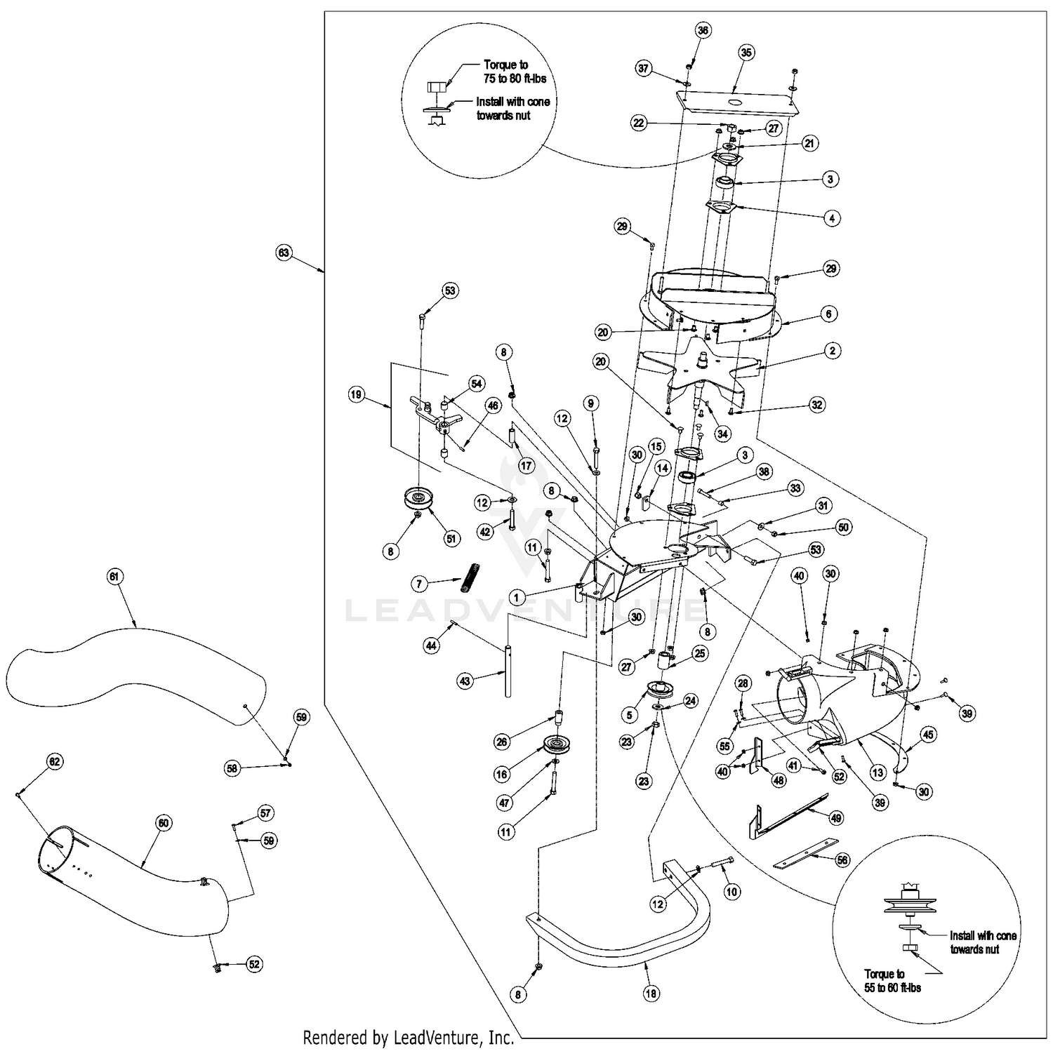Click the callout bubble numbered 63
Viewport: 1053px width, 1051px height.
pyautogui.click(x=284, y=253)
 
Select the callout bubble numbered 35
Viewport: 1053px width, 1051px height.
pyautogui.click(x=746, y=52)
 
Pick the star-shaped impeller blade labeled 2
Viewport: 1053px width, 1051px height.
pyautogui.click(x=702, y=365)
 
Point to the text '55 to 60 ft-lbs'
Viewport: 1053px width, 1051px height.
pyautogui.click(x=892, y=987)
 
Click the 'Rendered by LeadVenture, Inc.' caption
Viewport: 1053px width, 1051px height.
pyautogui.click(x=408, y=1038)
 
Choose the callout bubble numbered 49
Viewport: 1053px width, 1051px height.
pyautogui.click(x=836, y=817)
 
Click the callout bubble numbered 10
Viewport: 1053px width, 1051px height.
pyautogui.click(x=732, y=892)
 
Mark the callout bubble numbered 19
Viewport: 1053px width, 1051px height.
pyautogui.click(x=356, y=395)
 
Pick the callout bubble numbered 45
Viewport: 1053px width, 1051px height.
pyautogui.click(x=928, y=735)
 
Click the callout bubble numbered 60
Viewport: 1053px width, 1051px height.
pyautogui.click(x=163, y=823)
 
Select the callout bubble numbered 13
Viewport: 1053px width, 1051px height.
pyautogui.click(x=877, y=772)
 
